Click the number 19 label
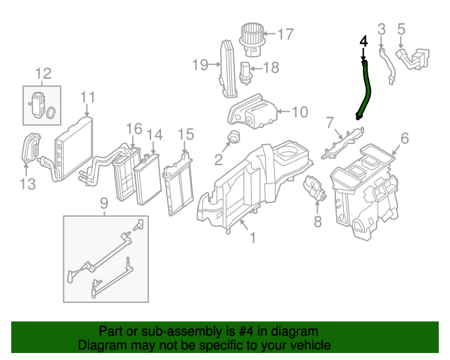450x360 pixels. [200, 65]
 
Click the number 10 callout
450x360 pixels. [299, 111]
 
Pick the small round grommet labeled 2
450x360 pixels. [234, 136]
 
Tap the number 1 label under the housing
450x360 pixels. [252, 238]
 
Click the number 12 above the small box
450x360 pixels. [43, 73]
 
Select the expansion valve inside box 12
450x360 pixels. [37, 105]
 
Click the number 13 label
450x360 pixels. [27, 184]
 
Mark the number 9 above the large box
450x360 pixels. [103, 203]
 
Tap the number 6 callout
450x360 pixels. [404, 137]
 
